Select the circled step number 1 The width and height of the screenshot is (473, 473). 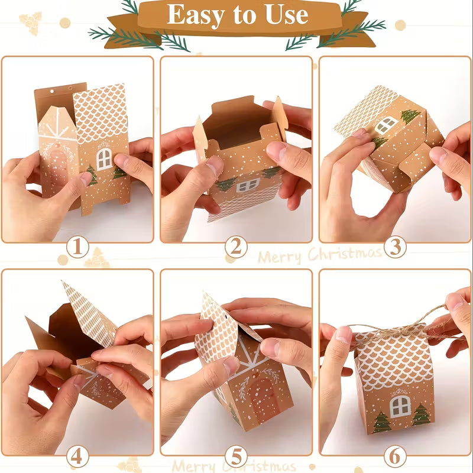pyautogui.click(x=77, y=247)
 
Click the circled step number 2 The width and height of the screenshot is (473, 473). pyautogui.click(x=236, y=247)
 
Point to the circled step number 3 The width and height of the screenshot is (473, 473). pyautogui.click(x=395, y=247)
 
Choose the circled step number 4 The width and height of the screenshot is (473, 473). pyautogui.click(x=77, y=456)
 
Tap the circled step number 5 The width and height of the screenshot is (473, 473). pyautogui.click(x=236, y=456)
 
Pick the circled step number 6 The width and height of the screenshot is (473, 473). pyautogui.click(x=395, y=456)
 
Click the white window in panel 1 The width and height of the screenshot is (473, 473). pyautogui.click(x=105, y=158)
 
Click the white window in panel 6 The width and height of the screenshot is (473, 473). pyautogui.click(x=400, y=406)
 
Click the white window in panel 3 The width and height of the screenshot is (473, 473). pyautogui.click(x=386, y=125)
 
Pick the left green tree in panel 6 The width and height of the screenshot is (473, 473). pyautogui.click(x=381, y=421)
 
